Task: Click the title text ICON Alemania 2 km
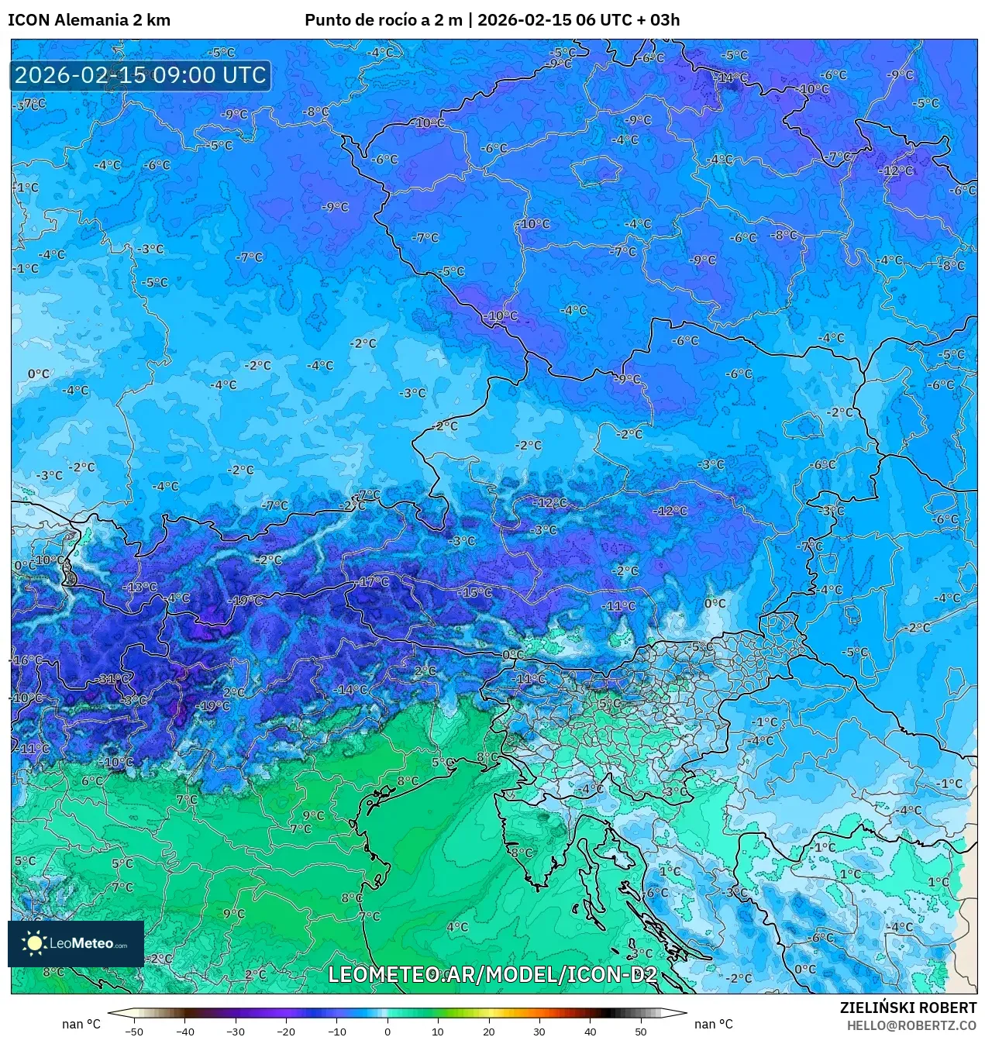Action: point(89,20)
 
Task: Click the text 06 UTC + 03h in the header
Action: point(629,20)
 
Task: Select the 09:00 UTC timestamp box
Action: point(140,76)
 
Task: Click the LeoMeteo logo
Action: point(76,943)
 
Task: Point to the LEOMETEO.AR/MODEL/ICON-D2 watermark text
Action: point(492,974)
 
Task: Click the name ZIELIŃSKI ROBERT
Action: point(908,1008)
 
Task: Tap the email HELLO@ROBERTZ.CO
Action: point(911,1025)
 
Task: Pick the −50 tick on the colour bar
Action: point(134,1032)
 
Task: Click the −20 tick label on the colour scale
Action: point(286,1032)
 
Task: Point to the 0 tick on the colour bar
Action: point(387,1032)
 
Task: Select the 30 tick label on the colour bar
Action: point(539,1032)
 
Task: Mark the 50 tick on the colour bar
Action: point(640,1032)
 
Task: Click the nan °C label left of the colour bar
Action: point(81,1025)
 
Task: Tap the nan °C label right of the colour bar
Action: point(713,1025)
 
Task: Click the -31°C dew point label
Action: point(113,679)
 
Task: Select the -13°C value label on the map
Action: point(140,587)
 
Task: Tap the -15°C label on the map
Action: point(476,592)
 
